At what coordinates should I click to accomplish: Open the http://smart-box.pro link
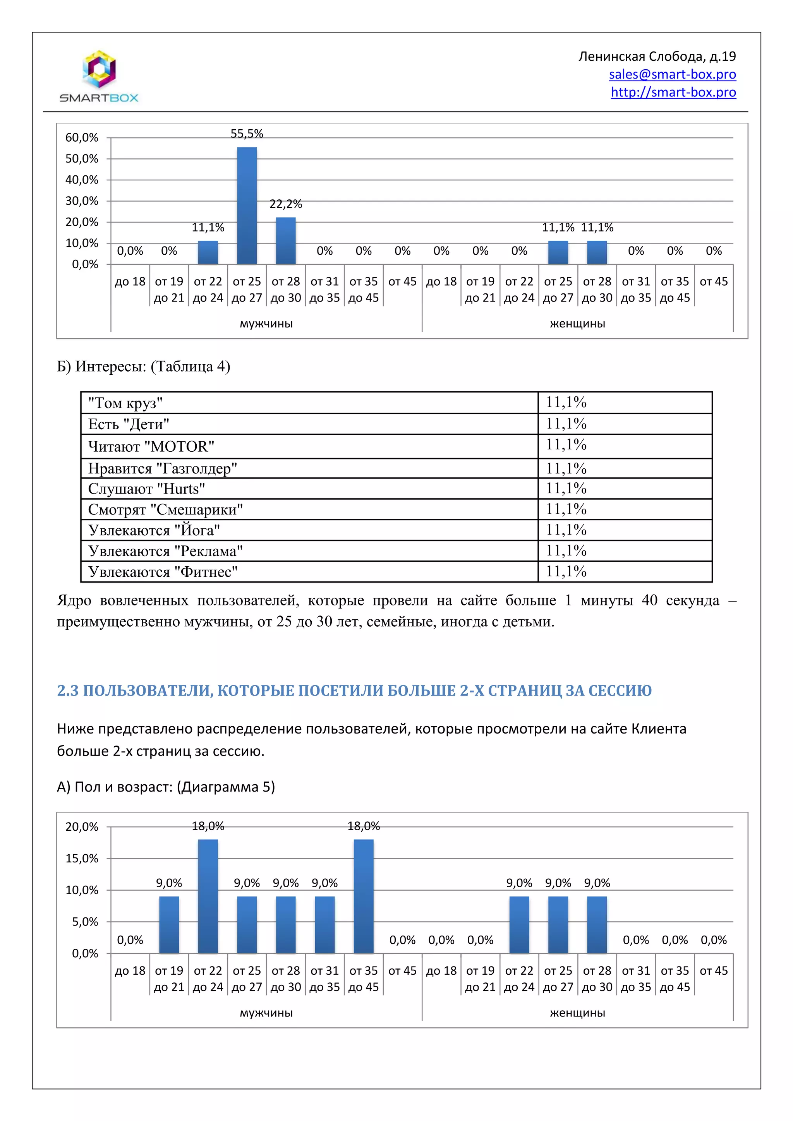tap(673, 92)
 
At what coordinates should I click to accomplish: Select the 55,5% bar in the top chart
tap(247, 206)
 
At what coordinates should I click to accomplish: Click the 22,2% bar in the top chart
tap(286, 241)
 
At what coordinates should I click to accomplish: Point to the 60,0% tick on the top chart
tap(82, 138)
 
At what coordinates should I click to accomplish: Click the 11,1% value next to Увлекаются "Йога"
tap(566, 530)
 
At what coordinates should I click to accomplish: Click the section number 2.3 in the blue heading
tap(68, 691)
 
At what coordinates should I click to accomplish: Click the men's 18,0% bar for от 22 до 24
tap(208, 896)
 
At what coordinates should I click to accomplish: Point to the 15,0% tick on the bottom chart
tap(82, 858)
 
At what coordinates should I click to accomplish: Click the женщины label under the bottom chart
tap(577, 1013)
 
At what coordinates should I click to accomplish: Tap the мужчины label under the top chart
tap(266, 324)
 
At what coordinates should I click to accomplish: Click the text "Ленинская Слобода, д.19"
tap(657, 57)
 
